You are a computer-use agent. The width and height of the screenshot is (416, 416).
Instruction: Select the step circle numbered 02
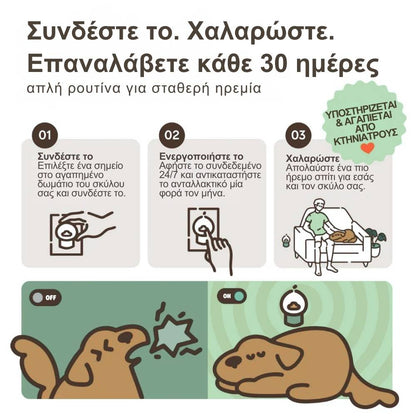(172, 133)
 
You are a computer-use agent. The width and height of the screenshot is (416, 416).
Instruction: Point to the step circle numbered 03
(297, 133)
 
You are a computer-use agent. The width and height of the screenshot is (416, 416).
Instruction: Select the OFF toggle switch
(44, 297)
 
